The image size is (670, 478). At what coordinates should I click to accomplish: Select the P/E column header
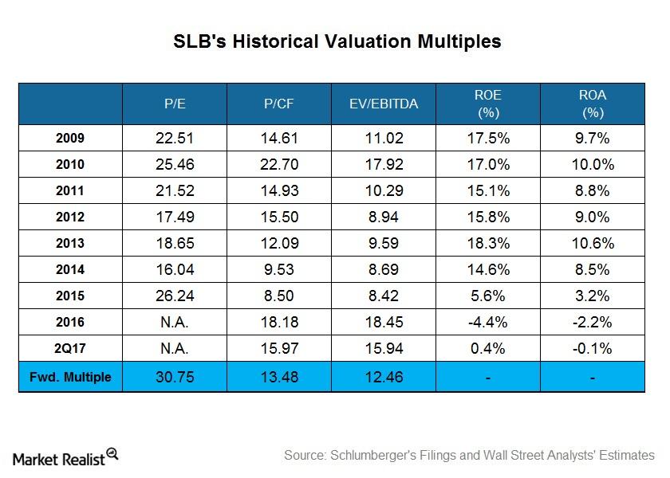click(174, 104)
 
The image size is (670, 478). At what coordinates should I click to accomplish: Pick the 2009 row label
click(70, 139)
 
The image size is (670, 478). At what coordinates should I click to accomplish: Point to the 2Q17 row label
click(70, 349)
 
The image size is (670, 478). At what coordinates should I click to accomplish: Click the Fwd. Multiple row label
click(70, 378)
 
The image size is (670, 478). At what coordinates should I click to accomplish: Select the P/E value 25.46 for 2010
click(174, 165)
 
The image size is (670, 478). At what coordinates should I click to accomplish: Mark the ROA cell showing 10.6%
click(593, 244)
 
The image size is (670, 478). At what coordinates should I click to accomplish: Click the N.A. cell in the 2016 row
click(174, 323)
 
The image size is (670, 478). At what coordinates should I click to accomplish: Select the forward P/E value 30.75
click(174, 378)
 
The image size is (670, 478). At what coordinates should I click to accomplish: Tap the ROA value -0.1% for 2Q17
click(593, 349)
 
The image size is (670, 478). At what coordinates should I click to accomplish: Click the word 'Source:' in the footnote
click(307, 456)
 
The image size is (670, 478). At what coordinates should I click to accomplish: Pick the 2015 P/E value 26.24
click(174, 296)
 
